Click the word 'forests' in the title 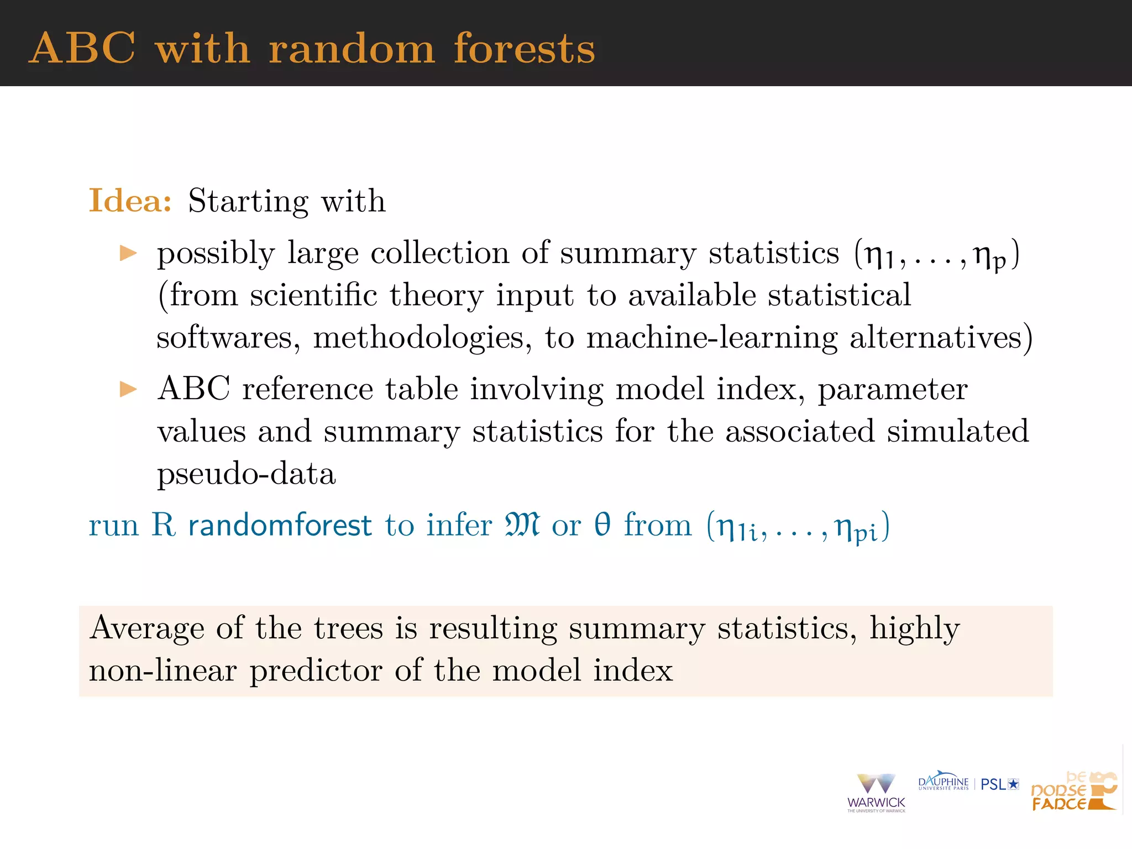(x=524, y=49)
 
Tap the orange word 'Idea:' (x=130, y=200)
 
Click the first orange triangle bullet (x=128, y=253)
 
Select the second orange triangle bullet (x=128, y=389)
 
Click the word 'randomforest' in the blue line (x=280, y=525)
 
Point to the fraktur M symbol (x=522, y=525)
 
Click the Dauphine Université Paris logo (x=943, y=782)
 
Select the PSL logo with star (x=999, y=784)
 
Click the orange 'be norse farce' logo (x=1073, y=792)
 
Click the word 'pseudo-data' (x=247, y=474)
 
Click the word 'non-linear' (x=163, y=670)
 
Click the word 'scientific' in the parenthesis (x=313, y=295)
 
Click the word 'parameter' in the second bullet (x=893, y=390)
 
